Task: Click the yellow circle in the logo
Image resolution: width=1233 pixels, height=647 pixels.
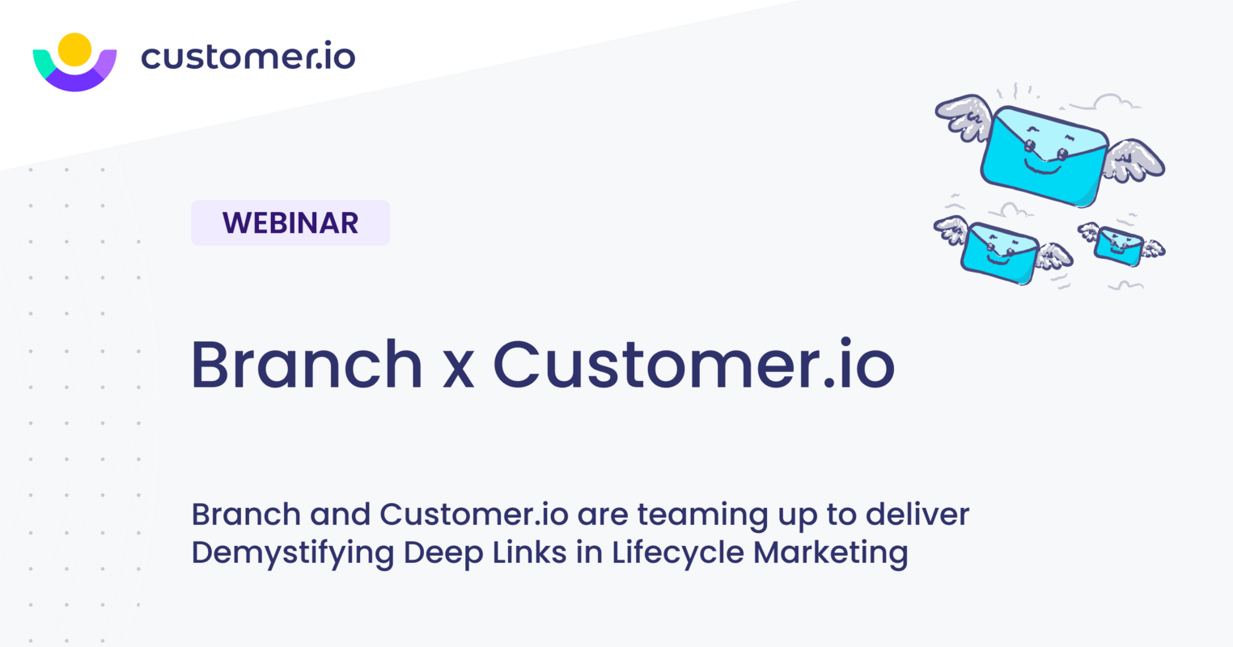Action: click(74, 49)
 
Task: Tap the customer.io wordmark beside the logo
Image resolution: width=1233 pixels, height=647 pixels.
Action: click(248, 57)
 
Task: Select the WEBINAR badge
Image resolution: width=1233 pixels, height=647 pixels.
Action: click(290, 223)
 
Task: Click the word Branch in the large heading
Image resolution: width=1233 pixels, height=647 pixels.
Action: click(307, 364)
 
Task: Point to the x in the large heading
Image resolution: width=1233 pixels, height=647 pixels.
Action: click(458, 368)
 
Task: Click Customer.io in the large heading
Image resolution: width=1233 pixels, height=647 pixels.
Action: click(693, 364)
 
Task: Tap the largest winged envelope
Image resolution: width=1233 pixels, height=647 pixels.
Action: click(1044, 154)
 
